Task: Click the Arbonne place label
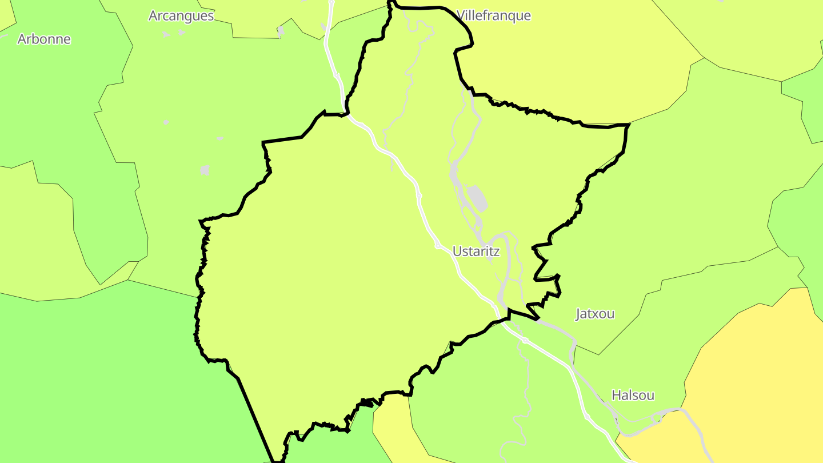(44, 39)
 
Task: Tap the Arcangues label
(181, 15)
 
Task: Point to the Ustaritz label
(476, 251)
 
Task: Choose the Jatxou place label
(595, 313)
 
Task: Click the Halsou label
(633, 395)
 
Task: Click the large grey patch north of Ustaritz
(478, 198)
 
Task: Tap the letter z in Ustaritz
(496, 252)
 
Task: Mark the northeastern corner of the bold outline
(628, 125)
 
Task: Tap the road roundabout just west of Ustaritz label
(438, 246)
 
